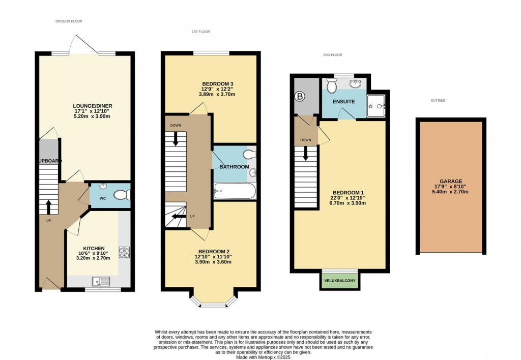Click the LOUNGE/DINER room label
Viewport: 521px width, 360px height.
coord(91,106)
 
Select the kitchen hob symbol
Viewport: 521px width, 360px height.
coord(124,252)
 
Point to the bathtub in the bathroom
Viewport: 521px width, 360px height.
coord(235,192)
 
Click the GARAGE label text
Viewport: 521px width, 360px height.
coord(451,181)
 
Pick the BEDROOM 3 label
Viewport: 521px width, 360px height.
coord(218,83)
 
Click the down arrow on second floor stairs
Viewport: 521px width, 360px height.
coord(306,154)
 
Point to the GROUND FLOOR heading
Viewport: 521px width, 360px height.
coord(69,21)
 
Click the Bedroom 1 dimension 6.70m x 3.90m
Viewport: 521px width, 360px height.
coord(348,203)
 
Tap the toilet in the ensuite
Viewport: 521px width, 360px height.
coord(333,86)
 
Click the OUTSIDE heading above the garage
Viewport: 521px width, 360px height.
coord(438,101)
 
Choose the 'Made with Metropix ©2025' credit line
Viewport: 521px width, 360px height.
coord(260,356)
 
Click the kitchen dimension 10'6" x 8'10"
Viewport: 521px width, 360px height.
coord(91,254)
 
